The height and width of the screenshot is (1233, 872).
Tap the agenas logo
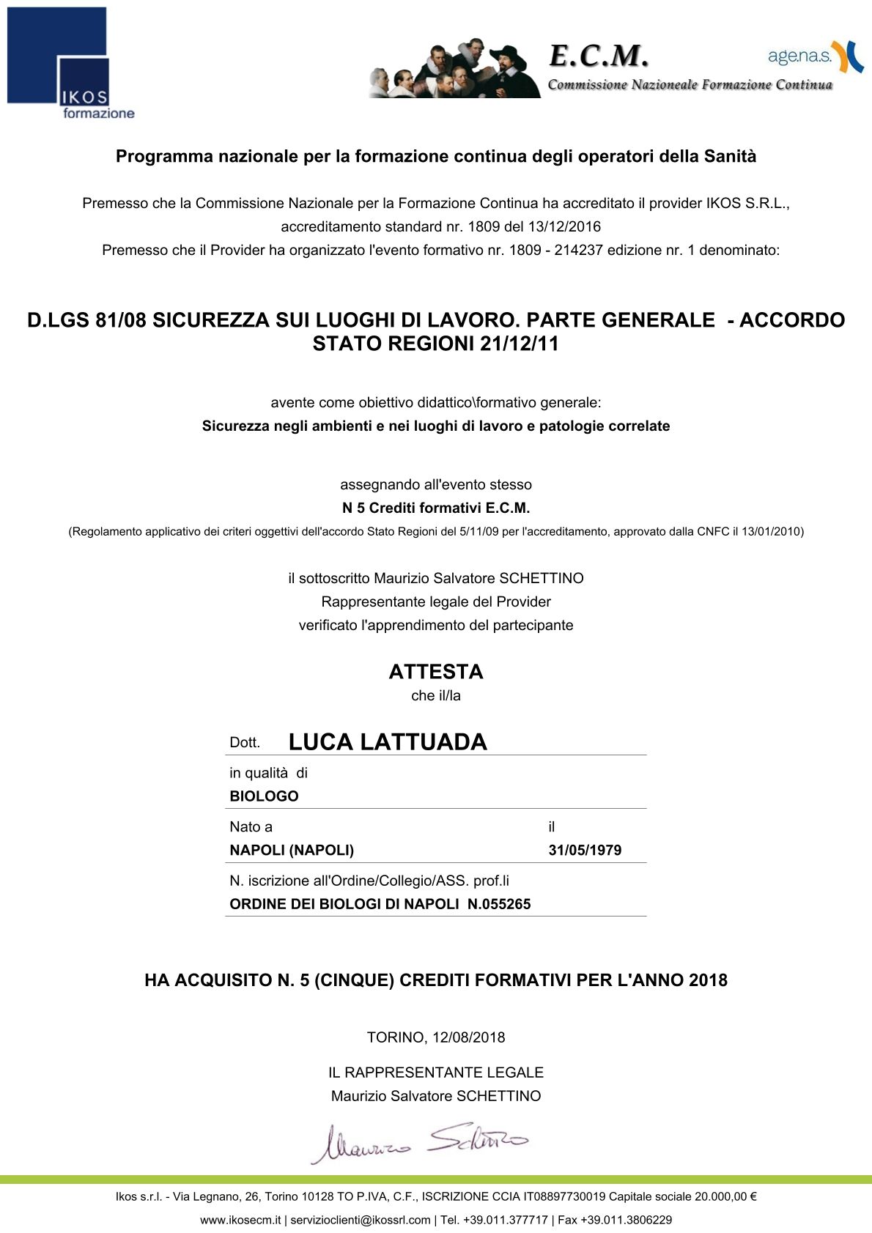pyautogui.click(x=815, y=56)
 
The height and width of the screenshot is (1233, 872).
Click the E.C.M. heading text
pyautogui.click(x=599, y=55)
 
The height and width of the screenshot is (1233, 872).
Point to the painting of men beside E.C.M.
pyautogui.click(x=455, y=69)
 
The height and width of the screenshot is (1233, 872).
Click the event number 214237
pyautogui.click(x=578, y=250)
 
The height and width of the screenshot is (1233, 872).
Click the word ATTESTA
pyautogui.click(x=436, y=672)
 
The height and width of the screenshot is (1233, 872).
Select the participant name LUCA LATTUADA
pyautogui.click(x=388, y=741)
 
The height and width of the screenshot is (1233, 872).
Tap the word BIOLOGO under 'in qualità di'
pyautogui.click(x=264, y=796)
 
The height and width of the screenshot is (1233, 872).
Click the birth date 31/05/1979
pyautogui.click(x=585, y=851)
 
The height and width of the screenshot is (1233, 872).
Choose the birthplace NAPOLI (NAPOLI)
pyautogui.click(x=292, y=851)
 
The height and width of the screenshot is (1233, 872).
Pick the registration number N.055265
pyautogui.click(x=499, y=904)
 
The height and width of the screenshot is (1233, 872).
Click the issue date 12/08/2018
pyautogui.click(x=469, y=1037)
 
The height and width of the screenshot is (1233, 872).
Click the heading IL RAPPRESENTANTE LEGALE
pyautogui.click(x=436, y=1073)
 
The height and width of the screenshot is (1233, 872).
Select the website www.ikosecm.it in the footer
pyautogui.click(x=240, y=1220)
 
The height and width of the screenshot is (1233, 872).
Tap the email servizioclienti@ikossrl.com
pyautogui.click(x=361, y=1220)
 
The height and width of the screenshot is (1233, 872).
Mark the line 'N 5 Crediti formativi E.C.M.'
pyautogui.click(x=436, y=508)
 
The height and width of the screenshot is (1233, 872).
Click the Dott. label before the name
pyautogui.click(x=245, y=743)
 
